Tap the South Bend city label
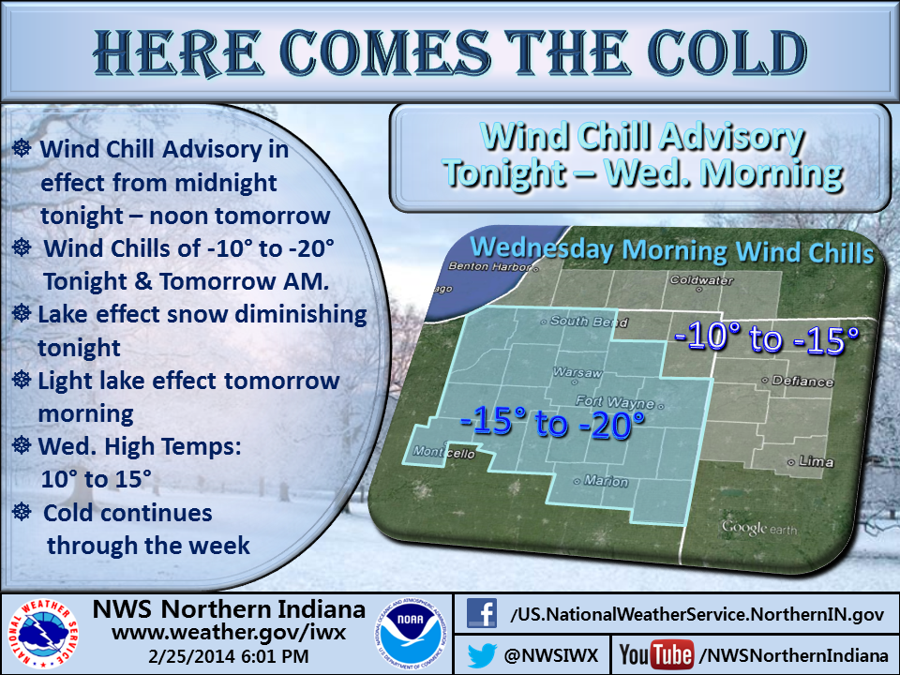point(581,322)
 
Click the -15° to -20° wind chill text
point(553,424)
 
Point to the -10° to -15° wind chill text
point(766,339)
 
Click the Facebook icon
point(481,614)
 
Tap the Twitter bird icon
point(481,653)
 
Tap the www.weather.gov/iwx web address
point(229,633)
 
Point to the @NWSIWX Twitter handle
point(553,653)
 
